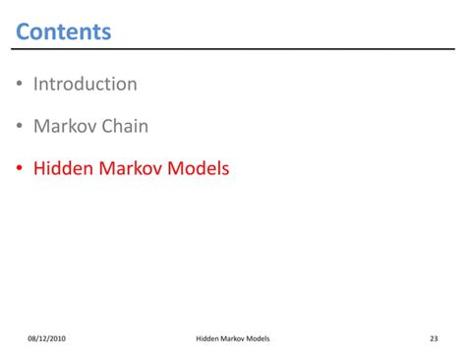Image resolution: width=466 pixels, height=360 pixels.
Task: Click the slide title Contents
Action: [64, 31]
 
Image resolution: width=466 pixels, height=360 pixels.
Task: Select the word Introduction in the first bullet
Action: [86, 85]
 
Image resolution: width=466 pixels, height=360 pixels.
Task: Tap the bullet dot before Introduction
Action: [19, 85]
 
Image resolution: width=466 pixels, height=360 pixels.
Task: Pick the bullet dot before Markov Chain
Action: [19, 127]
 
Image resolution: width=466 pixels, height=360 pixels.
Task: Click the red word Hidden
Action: [61, 169]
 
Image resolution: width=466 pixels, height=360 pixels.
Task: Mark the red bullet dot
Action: [19, 169]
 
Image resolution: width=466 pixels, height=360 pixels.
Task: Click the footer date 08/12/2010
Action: [47, 339]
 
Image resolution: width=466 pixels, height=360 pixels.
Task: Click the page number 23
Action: [434, 339]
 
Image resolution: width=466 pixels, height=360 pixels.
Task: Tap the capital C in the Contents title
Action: [25, 31]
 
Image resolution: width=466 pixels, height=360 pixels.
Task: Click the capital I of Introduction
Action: [36, 85]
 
